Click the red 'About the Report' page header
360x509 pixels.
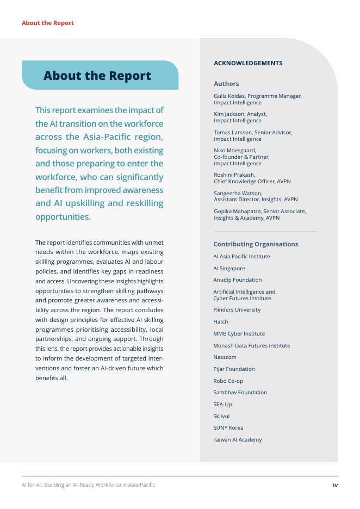(47, 23)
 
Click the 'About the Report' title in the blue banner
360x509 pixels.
(97, 76)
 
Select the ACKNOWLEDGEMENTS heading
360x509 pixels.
(248, 63)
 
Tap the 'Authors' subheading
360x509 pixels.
(226, 84)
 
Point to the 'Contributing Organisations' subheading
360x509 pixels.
(256, 244)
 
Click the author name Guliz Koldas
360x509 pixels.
(229, 96)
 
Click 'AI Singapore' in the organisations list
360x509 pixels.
(229, 269)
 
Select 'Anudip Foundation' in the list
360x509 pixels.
(238, 280)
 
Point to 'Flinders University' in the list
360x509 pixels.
(237, 310)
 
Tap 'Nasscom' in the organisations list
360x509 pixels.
(225, 357)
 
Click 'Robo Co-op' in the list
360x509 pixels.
(228, 381)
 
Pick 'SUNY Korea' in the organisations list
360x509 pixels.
(228, 428)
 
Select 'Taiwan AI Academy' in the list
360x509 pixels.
(238, 440)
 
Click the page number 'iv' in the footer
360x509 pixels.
(335, 485)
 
